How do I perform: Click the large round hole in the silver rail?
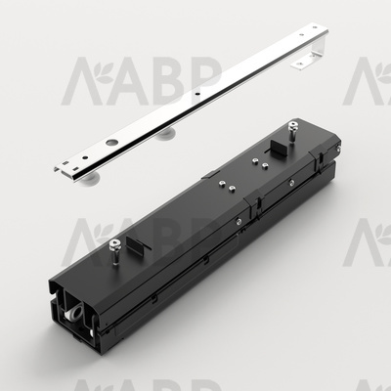click(111, 142)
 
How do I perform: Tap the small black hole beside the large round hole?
click(85, 157)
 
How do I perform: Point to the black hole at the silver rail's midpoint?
click(196, 93)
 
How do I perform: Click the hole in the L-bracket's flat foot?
click(300, 63)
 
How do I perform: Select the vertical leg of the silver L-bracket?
click(318, 47)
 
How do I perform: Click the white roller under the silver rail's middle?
click(166, 133)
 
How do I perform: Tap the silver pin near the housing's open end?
click(114, 250)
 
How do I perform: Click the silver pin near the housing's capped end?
click(293, 131)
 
